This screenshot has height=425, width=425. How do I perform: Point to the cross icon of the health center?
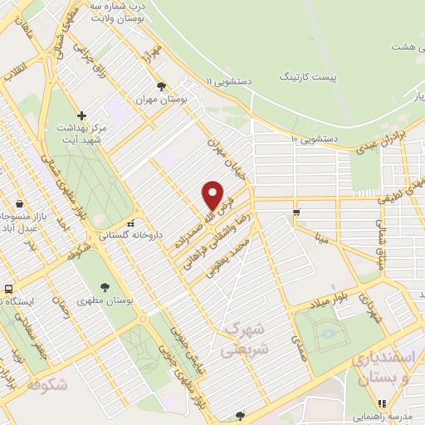tap(81, 115)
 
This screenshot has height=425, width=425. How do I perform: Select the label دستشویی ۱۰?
tap(314, 138)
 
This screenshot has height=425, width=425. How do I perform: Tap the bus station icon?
tap(7, 290)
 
